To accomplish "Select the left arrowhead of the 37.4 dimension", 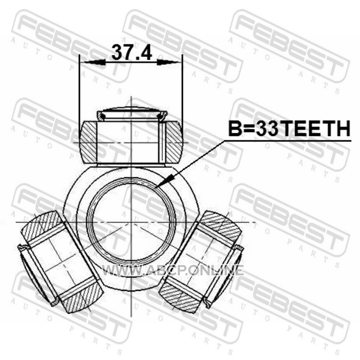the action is click(94, 62).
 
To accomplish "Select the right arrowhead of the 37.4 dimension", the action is click(168, 62).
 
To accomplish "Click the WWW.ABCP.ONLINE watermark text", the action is click(172, 270).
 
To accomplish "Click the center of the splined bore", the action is click(131, 222).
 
